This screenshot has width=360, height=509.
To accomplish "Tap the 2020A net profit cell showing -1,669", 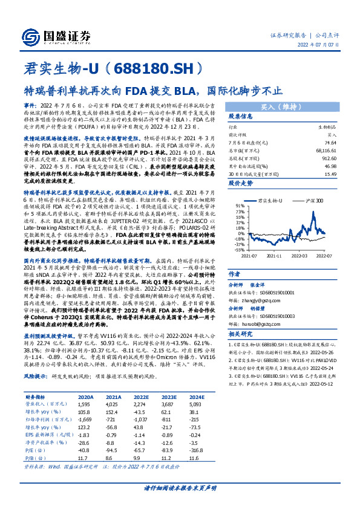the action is click(x=87, y=402).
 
